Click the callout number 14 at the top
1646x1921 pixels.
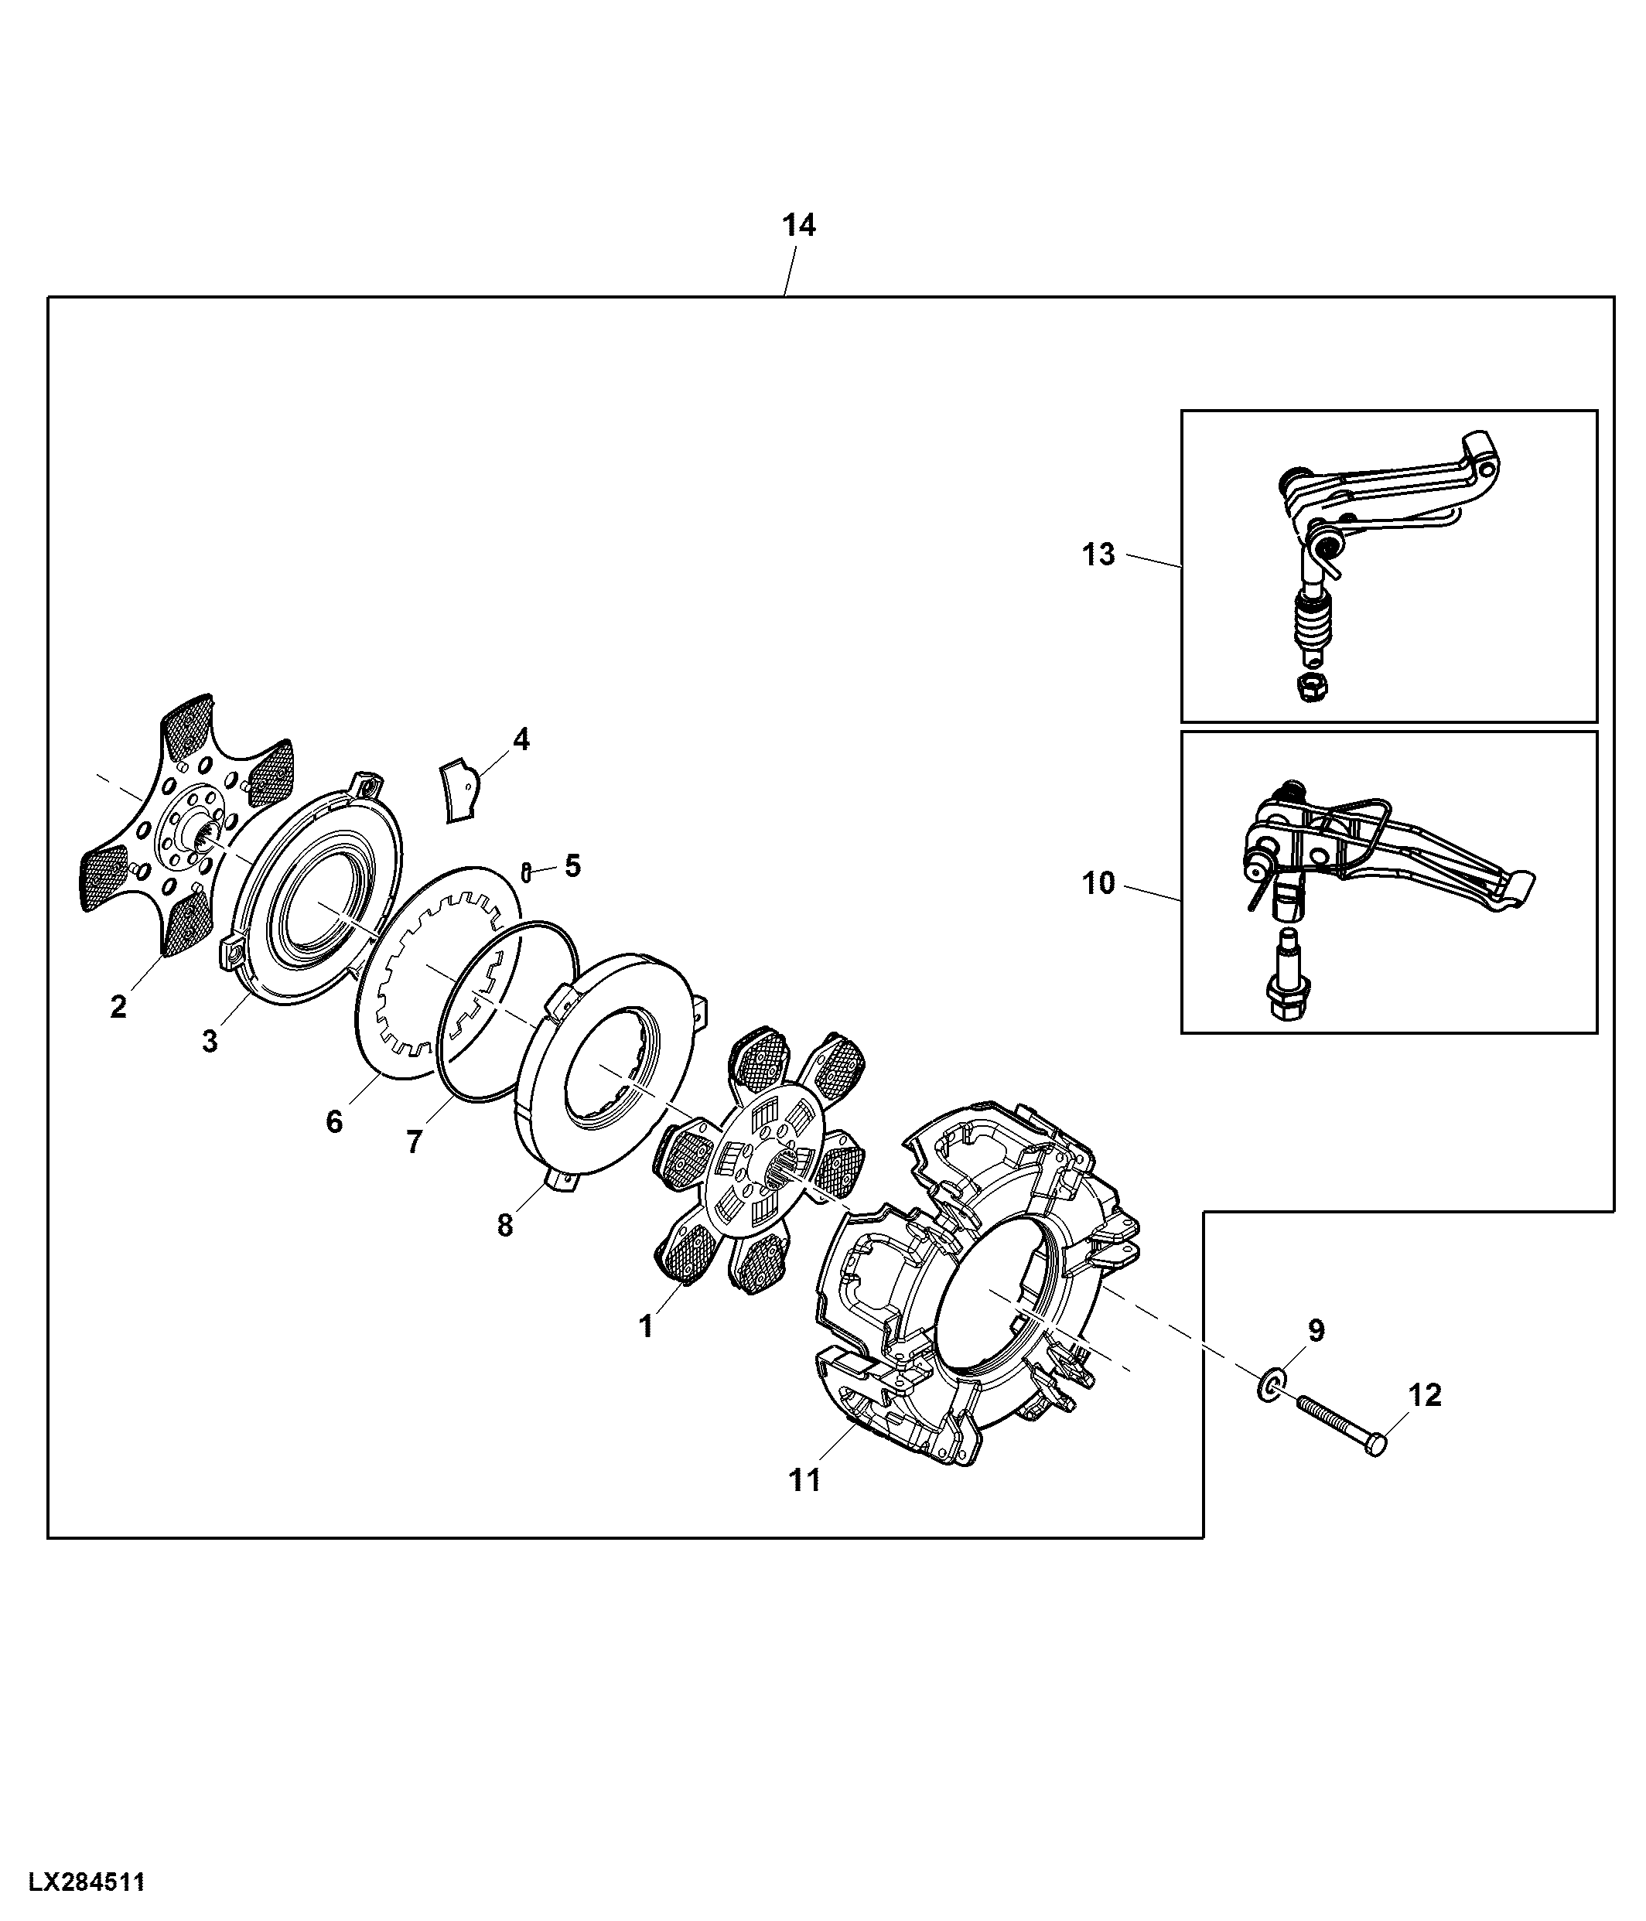(x=798, y=225)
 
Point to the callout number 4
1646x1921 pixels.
(x=521, y=739)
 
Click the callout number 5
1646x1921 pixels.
(x=572, y=866)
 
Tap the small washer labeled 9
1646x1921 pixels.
(x=1270, y=1387)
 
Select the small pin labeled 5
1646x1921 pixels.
(x=527, y=872)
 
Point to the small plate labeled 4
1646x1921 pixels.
(x=461, y=789)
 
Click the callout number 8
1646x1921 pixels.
(x=504, y=1226)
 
